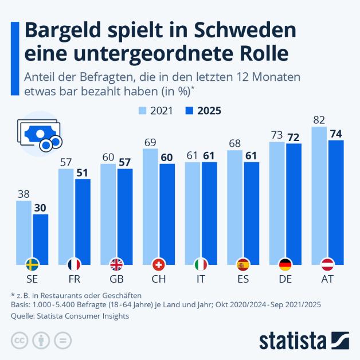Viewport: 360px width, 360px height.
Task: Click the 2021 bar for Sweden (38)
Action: tap(24, 232)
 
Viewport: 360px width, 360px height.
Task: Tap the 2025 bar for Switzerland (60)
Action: tap(167, 214)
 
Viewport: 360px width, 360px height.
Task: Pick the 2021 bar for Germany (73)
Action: tap(277, 203)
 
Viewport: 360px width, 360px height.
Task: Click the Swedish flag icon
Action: tap(33, 264)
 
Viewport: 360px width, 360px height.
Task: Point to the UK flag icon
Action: tap(116, 264)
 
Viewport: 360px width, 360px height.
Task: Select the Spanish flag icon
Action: tap(243, 264)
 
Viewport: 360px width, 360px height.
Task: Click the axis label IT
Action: tap(201, 279)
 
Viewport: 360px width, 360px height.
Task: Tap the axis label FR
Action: tap(75, 279)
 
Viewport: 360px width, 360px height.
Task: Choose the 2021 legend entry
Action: tap(157, 111)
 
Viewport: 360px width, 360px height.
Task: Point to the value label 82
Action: tap(319, 120)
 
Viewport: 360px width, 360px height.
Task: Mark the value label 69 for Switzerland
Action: tap(150, 141)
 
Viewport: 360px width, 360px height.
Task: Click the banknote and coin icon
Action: tap(40, 136)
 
